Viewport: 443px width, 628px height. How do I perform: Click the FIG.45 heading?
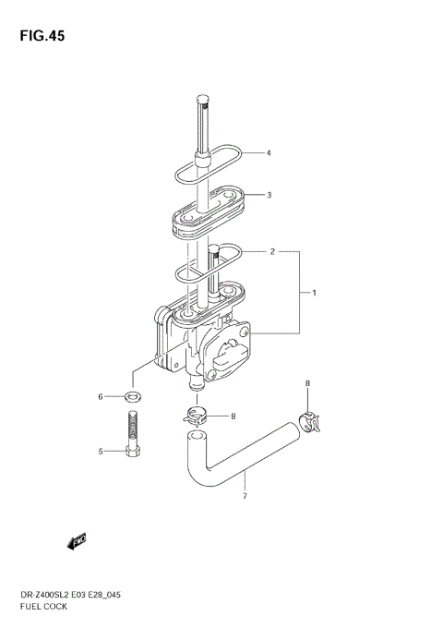click(x=42, y=36)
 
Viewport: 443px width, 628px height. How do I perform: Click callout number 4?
click(x=269, y=153)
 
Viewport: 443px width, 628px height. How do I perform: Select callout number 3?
click(x=269, y=195)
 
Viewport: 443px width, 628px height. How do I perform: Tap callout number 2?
click(x=272, y=251)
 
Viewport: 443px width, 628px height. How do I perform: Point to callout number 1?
click(x=314, y=293)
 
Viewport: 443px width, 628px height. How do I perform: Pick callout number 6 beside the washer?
click(x=101, y=397)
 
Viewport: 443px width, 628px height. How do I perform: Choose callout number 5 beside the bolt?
click(x=101, y=452)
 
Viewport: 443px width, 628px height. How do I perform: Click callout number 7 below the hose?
click(x=245, y=496)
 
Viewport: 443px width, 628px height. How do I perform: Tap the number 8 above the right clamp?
click(x=307, y=383)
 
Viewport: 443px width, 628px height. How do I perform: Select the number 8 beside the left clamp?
click(x=233, y=417)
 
